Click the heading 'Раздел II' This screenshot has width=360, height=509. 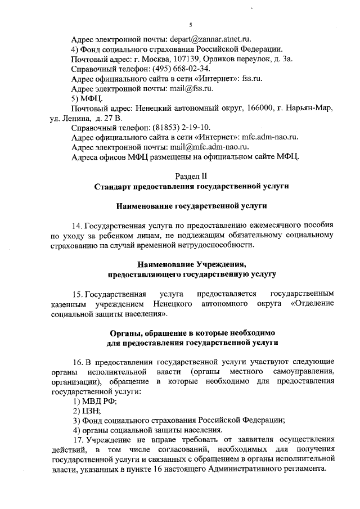(x=191, y=176)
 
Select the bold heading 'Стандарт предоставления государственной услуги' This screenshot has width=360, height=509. (x=191, y=186)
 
